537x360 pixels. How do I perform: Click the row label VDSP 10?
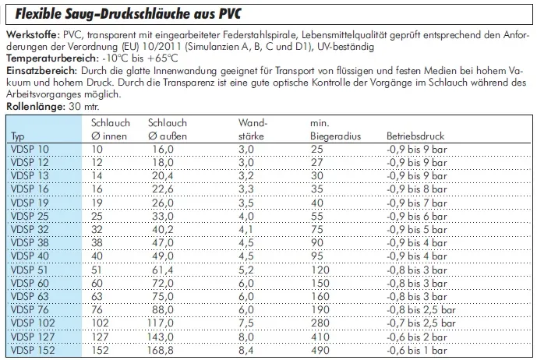pos(30,149)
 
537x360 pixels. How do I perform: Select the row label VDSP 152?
pos(33,351)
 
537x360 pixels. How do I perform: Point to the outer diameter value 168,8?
pos(162,351)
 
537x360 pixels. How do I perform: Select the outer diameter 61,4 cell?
pos(160,270)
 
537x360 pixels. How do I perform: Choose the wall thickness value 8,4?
pos(246,351)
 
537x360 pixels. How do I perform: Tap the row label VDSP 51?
pos(30,270)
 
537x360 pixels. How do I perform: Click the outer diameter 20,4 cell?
pos(160,176)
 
